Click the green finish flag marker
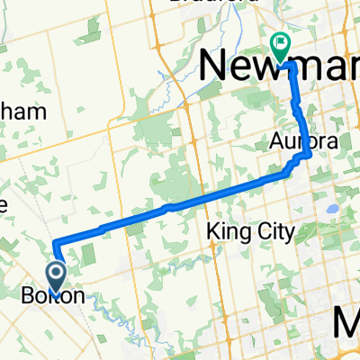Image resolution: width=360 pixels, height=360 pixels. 281,42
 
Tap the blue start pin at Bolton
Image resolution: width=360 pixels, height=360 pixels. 57,273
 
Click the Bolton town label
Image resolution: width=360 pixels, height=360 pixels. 54,296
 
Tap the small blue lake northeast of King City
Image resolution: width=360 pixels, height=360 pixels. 332,209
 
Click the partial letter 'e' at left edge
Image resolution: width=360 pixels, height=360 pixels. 4,205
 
